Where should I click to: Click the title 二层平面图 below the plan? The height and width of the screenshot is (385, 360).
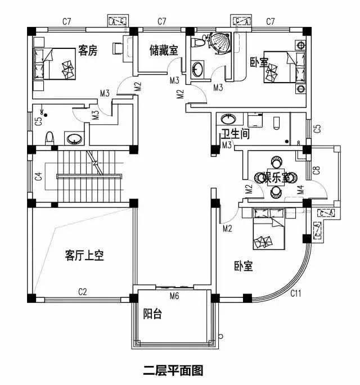172,370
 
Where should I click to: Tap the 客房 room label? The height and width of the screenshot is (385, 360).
88,51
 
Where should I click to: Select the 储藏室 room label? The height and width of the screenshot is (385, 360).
163,51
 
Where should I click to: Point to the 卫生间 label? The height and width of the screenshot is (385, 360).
235,135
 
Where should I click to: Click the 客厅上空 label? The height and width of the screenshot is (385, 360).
84,256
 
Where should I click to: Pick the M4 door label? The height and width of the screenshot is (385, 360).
300,190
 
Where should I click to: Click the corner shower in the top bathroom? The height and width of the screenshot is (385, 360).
216,40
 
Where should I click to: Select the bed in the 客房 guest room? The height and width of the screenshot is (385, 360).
55,64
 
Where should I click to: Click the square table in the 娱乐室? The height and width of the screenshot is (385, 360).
276,177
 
